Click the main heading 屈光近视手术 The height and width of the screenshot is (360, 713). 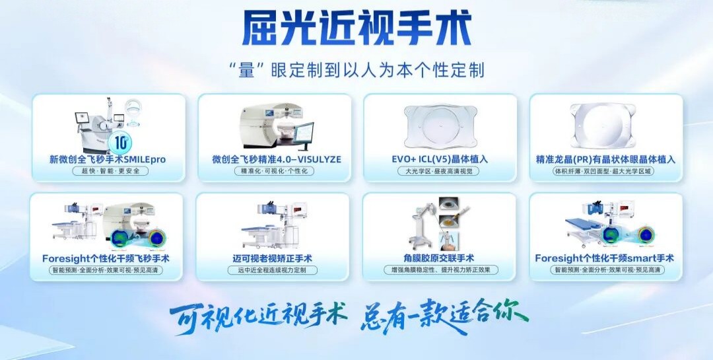coord(356,28)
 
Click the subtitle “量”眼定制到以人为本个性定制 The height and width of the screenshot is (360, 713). coord(356,70)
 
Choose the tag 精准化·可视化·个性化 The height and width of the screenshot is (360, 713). coord(274,171)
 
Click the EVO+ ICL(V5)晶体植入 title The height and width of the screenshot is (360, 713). coord(440,159)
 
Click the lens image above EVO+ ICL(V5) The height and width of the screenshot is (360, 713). coord(440,126)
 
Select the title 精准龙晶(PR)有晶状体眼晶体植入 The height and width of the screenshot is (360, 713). coord(605,159)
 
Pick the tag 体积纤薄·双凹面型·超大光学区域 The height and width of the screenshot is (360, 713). coord(605,171)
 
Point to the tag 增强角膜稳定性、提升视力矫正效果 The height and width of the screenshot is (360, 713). coord(440,270)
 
